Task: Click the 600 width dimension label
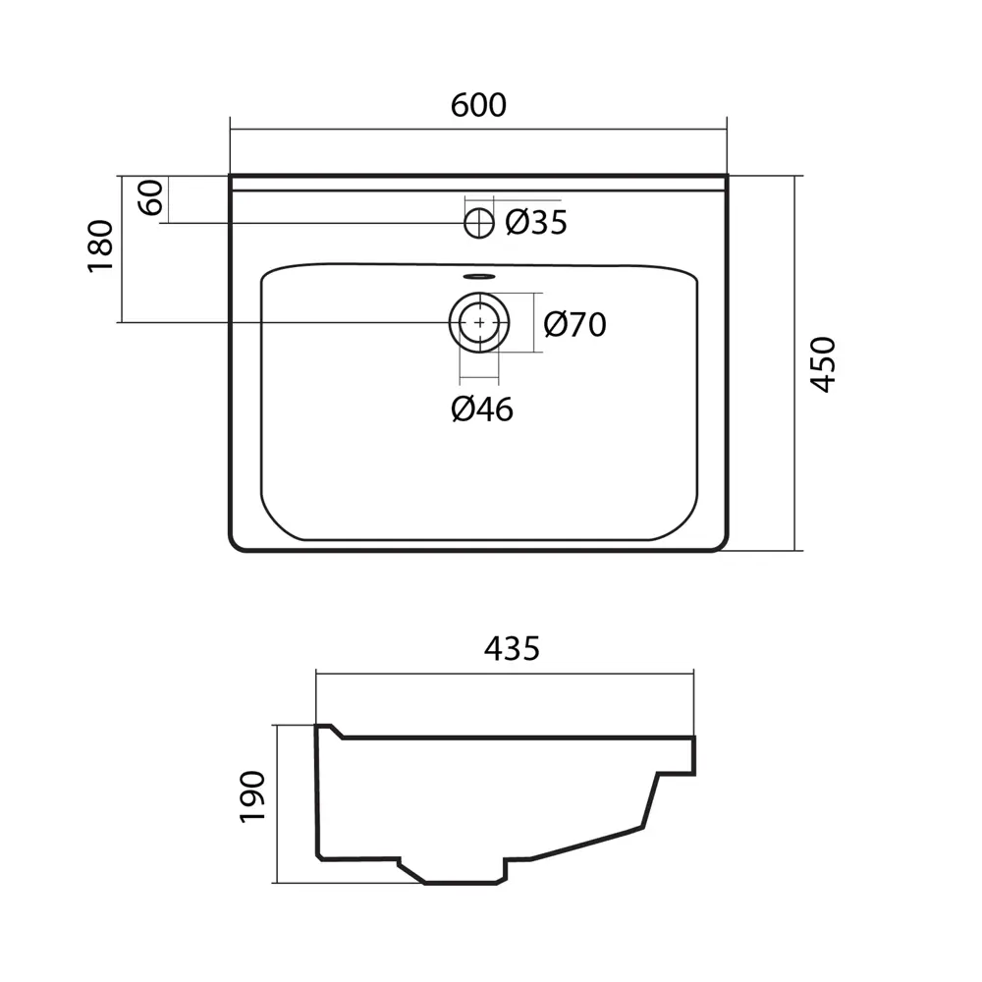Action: [478, 105]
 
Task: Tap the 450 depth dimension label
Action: [824, 364]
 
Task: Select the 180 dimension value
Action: [101, 246]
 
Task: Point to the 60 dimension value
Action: [151, 197]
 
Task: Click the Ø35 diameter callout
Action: [536, 222]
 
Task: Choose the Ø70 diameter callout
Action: [574, 324]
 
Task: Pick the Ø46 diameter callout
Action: [482, 409]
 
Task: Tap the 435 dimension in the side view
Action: [512, 648]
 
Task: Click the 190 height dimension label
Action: [253, 796]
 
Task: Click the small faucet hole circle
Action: [479, 223]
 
